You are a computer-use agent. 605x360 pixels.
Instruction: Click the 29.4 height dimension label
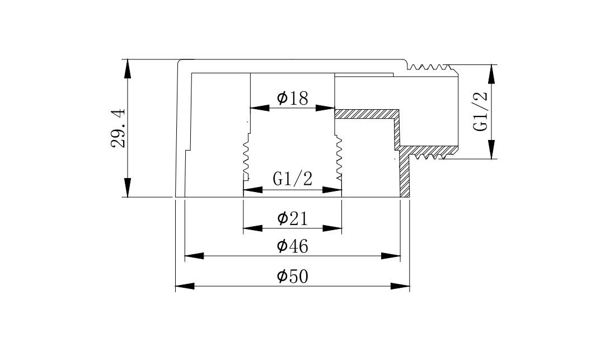pyautogui.click(x=118, y=128)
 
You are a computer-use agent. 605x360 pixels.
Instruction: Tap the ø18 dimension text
pyautogui.click(x=292, y=99)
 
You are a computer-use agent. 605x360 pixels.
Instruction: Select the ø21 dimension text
pyautogui.click(x=292, y=218)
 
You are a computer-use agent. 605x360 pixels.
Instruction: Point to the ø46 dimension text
pyautogui.click(x=292, y=246)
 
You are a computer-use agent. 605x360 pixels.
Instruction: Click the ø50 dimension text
pyautogui.click(x=292, y=276)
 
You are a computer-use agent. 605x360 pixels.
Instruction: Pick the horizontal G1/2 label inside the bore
pyautogui.click(x=292, y=179)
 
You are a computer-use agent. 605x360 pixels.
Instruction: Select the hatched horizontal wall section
pyautogui.click(x=367, y=114)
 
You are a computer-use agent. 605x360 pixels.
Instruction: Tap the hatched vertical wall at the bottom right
pyautogui.click(x=405, y=175)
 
